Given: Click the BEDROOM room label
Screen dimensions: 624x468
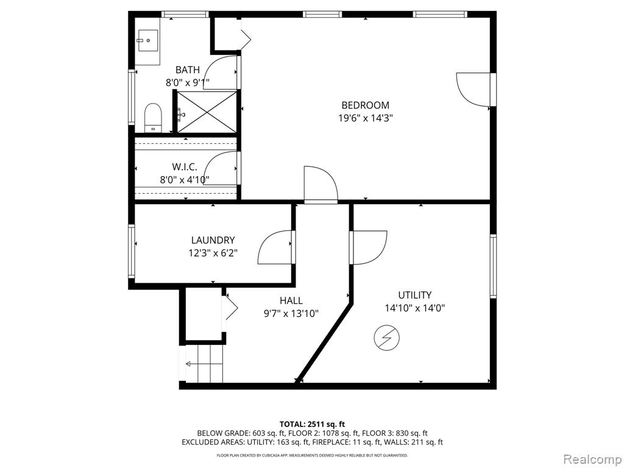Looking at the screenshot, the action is [x=366, y=105].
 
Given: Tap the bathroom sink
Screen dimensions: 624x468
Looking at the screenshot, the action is [x=147, y=40].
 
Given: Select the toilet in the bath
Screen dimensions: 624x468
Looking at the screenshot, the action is [x=152, y=118].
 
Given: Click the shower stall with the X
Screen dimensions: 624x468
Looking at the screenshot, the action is [x=206, y=112].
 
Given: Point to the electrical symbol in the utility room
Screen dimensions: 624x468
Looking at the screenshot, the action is [x=387, y=338].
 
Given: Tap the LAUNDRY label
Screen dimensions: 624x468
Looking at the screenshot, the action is [x=213, y=240].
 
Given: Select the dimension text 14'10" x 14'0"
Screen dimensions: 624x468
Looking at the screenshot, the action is [x=414, y=308].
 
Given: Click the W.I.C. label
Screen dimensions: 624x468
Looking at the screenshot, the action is [x=185, y=167].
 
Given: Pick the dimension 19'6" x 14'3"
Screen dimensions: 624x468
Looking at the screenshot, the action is [x=366, y=118].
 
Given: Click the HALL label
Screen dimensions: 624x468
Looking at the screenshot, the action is [x=291, y=301].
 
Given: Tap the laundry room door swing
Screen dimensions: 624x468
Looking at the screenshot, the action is [x=275, y=247].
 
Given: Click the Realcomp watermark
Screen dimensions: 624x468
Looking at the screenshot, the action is [x=592, y=459].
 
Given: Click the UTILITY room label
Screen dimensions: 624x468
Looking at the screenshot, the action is [x=414, y=296].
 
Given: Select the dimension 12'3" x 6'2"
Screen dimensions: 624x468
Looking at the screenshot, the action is [x=213, y=253].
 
